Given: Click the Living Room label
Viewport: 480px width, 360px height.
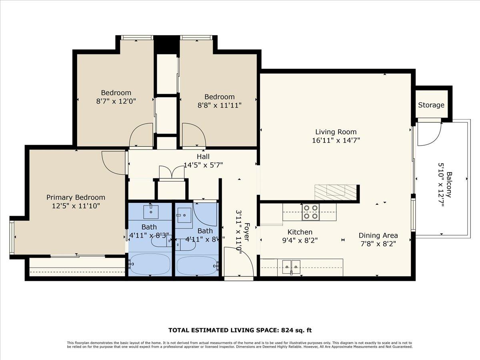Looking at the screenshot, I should tap(336, 132).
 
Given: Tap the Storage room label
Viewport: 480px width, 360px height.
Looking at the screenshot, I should tap(431, 105).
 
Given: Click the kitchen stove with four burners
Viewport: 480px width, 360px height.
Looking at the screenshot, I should tap(311, 212).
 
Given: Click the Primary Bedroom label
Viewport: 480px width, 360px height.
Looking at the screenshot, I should tap(76, 197).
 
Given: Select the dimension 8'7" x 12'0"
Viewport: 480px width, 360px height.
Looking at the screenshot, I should tap(116, 101).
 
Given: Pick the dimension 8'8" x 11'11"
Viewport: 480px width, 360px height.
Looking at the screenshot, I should tap(220, 105).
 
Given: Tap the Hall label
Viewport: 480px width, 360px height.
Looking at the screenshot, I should tap(203, 156).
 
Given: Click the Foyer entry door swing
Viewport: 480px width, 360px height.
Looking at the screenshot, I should tap(239, 262).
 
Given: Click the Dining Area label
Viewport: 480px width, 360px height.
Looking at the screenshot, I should tap(378, 235).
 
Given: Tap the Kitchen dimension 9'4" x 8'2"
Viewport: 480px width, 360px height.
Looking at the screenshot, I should tap(300, 240).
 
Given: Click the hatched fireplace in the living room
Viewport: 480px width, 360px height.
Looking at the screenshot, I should tap(335, 192).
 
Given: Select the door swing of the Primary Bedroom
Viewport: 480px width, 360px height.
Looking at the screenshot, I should tap(114, 162).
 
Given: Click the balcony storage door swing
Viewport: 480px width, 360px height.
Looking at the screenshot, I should tap(429, 135).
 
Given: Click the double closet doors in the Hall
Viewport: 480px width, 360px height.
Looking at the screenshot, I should tap(172, 172).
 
